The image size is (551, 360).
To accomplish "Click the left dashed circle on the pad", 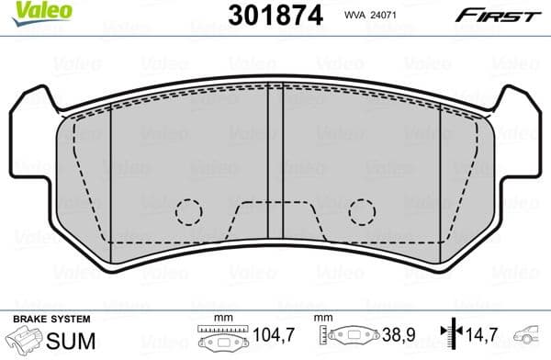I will tap(188, 212).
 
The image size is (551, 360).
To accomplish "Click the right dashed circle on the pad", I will tap(362, 212).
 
